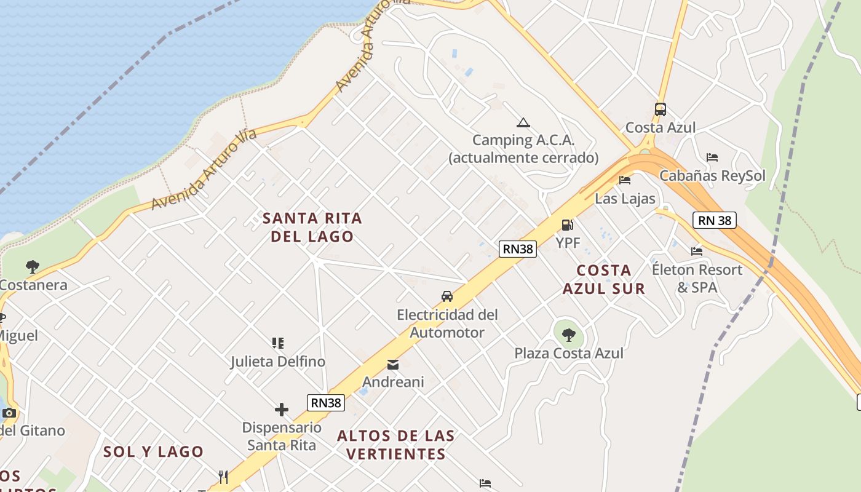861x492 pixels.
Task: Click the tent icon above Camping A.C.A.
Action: (523, 122)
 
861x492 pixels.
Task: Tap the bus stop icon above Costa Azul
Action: (661, 109)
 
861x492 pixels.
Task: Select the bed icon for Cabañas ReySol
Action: (712, 157)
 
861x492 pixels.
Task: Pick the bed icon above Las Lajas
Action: (625, 180)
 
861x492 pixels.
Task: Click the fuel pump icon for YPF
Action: (567, 225)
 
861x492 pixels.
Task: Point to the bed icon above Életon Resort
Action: (697, 251)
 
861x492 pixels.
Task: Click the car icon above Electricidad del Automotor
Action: (447, 296)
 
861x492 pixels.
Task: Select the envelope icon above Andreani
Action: (393, 365)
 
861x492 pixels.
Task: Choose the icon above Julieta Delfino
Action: (278, 343)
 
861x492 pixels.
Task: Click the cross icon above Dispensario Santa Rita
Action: (282, 410)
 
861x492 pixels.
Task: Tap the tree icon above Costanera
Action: (33, 267)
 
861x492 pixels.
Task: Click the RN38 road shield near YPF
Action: (518, 248)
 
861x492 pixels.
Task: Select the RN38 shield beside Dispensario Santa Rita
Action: (326, 403)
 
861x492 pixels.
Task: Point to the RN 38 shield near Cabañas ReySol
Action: (715, 220)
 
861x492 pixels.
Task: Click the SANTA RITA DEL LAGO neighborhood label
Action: (312, 227)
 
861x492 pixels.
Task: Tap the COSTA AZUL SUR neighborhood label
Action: (604, 279)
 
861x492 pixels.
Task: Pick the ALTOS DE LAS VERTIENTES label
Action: (396, 445)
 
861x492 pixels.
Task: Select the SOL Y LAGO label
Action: (153, 451)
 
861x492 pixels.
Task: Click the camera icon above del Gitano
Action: (9, 413)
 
